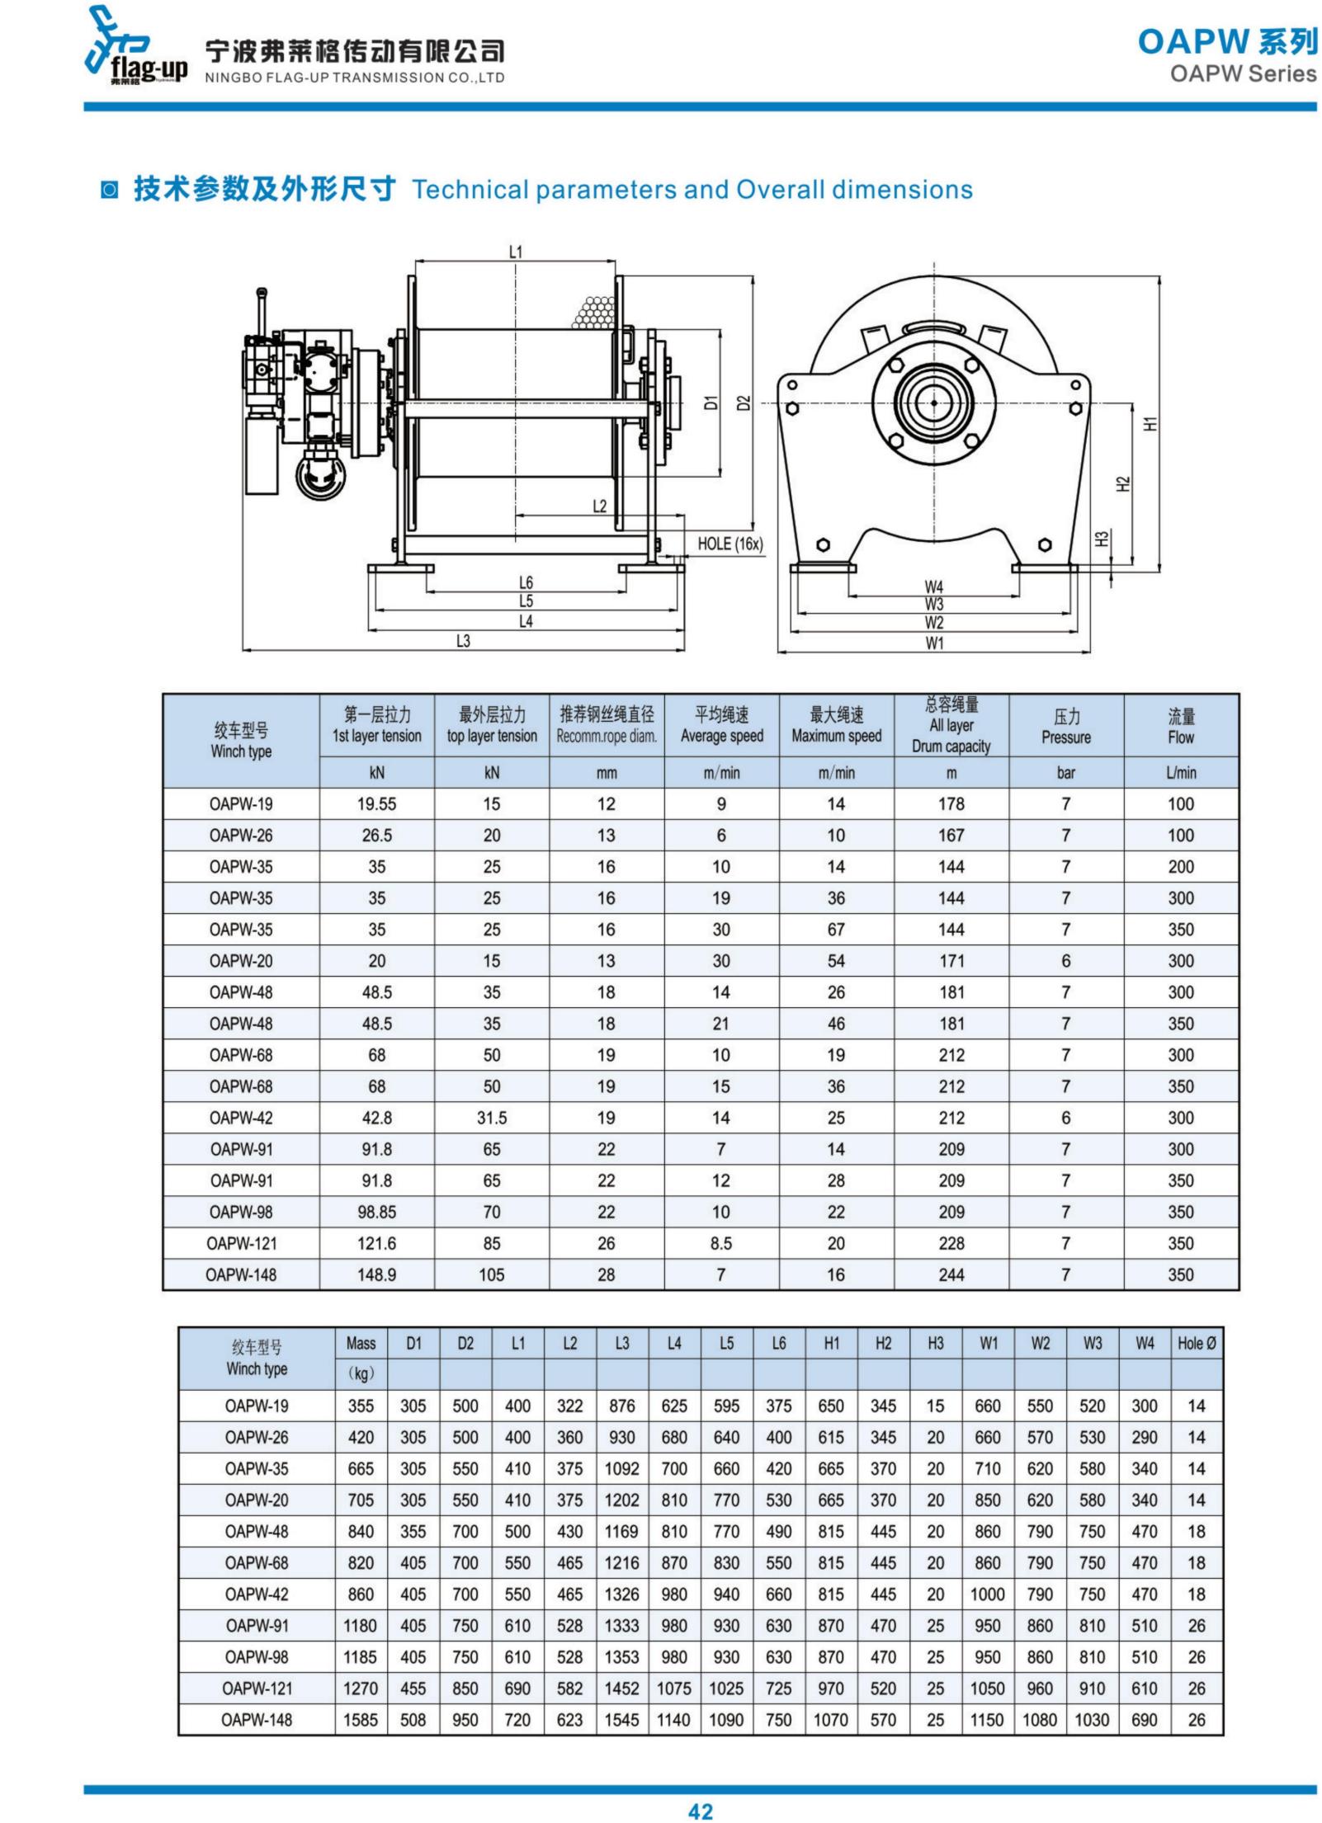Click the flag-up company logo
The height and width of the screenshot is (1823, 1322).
137,49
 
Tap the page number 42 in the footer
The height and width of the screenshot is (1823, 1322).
700,1810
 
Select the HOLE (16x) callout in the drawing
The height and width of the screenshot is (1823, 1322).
729,544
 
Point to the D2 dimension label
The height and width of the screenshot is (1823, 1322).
744,403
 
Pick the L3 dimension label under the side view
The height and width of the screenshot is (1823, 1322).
463,641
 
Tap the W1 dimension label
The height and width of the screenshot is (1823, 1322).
933,643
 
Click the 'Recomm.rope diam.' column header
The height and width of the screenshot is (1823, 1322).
607,737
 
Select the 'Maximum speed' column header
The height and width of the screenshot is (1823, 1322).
836,737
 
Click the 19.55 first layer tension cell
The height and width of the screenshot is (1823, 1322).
376,804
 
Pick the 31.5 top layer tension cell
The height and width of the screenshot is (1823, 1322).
491,1118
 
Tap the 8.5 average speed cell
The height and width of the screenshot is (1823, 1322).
720,1243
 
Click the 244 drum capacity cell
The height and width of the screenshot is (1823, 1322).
951,1274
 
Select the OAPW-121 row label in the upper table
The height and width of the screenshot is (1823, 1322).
241,1243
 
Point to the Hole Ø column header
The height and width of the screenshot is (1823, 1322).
1196,1344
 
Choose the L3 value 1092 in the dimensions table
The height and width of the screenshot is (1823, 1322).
621,1469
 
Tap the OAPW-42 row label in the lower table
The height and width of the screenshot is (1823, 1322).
257,1595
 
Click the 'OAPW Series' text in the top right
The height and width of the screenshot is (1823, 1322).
1243,74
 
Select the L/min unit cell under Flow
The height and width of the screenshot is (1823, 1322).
1180,773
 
